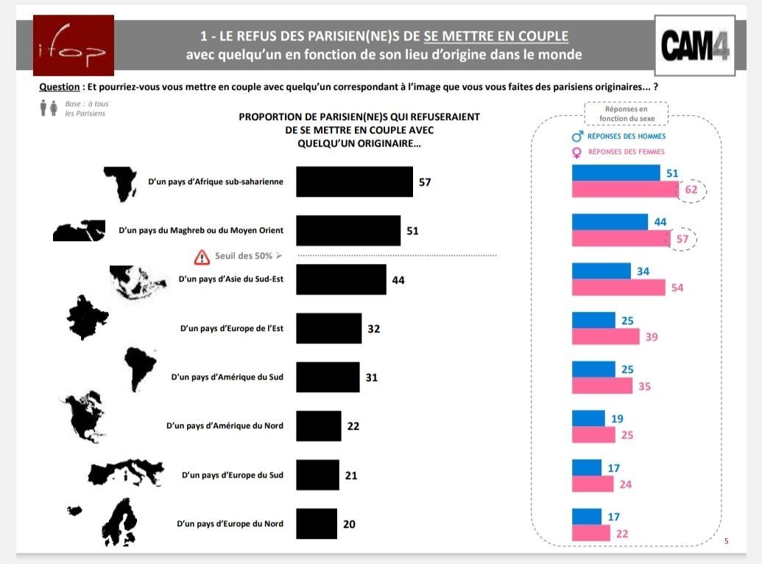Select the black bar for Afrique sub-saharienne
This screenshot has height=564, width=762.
(x=354, y=181)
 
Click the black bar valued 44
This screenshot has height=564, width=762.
(x=341, y=279)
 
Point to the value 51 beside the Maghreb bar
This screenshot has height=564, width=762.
(x=412, y=231)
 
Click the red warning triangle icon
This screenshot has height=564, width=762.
(x=202, y=257)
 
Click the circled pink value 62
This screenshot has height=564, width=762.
(x=691, y=189)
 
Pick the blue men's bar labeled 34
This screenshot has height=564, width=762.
(x=601, y=271)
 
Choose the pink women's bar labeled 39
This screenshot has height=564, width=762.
(x=605, y=336)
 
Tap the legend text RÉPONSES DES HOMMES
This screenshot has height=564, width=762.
(x=627, y=136)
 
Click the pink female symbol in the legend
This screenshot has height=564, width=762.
(x=577, y=152)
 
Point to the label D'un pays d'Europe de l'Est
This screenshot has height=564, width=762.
(x=232, y=328)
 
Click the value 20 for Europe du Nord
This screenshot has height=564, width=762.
(x=350, y=524)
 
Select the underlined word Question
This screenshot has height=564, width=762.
(x=59, y=86)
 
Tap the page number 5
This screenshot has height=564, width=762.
(x=726, y=542)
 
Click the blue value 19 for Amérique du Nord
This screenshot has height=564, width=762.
(x=618, y=418)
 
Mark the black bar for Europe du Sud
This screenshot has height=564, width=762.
(x=317, y=475)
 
